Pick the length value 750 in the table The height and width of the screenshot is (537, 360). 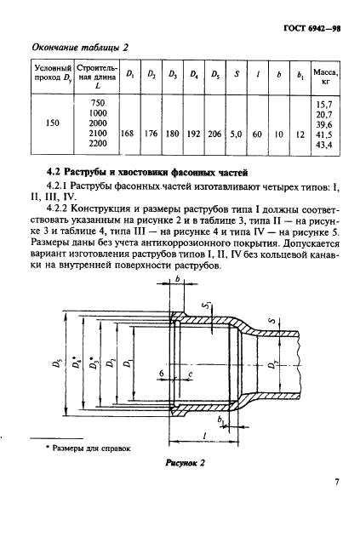[x=97, y=101]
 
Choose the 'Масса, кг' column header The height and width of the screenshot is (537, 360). [x=323, y=77]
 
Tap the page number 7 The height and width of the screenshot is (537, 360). [x=337, y=483]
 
